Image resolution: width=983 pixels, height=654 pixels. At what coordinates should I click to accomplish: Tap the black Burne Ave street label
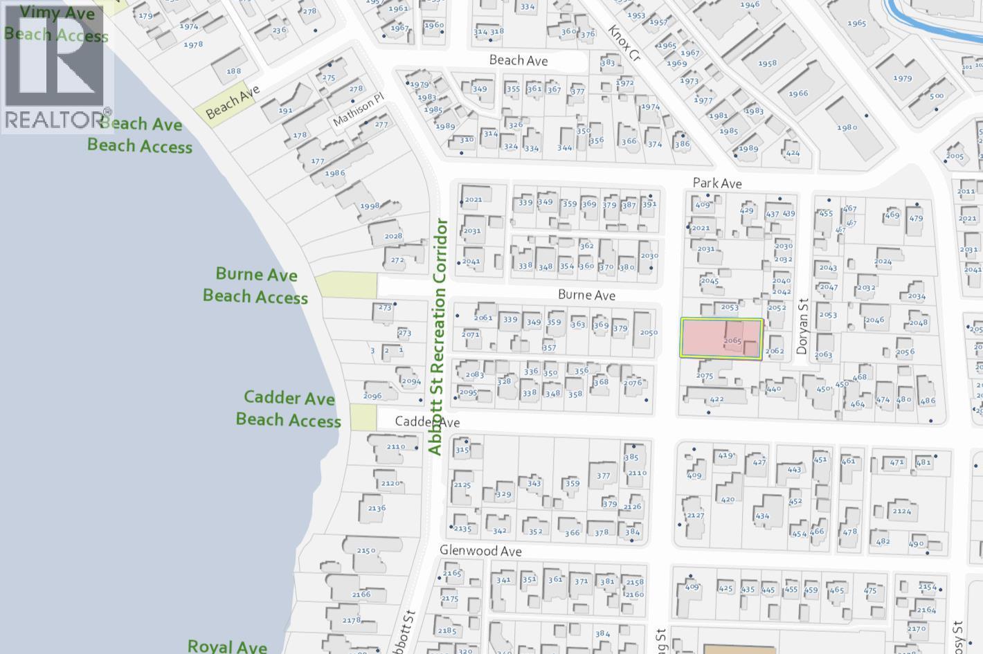(586, 296)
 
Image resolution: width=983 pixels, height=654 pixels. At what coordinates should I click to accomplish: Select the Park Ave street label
(717, 183)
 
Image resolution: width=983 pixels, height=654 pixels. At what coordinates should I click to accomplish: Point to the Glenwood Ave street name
(481, 552)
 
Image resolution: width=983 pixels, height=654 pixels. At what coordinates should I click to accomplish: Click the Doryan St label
(803, 327)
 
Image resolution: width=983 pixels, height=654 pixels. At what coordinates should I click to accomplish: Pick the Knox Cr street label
(625, 44)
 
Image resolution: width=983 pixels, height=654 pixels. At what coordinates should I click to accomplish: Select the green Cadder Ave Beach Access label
(289, 409)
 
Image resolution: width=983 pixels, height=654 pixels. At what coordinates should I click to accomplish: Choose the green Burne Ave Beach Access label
(255, 285)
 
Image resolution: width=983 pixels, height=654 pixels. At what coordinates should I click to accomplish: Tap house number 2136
(377, 508)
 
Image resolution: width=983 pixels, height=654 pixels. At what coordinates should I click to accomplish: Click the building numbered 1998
(369, 206)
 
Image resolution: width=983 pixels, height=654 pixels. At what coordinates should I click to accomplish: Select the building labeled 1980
(847, 127)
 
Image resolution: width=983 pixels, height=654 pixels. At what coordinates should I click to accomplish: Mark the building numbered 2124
(901, 511)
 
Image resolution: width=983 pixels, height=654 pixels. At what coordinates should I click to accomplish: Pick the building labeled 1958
(767, 64)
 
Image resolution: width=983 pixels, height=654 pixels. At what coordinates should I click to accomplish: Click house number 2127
(695, 516)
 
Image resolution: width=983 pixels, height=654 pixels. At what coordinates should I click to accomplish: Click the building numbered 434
(761, 516)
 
